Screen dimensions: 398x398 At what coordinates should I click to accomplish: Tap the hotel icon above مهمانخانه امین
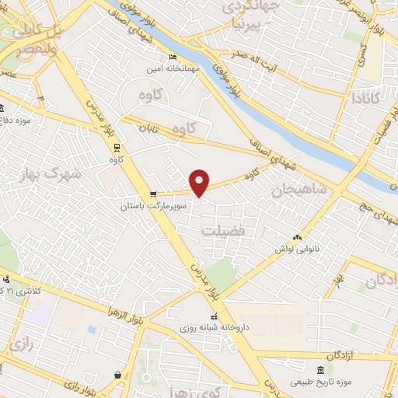click(173, 58)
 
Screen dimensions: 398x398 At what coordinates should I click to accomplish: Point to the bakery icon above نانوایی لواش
click(296, 237)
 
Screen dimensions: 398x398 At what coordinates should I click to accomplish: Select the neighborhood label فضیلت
click(223, 232)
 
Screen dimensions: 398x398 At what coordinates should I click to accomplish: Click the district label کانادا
click(366, 99)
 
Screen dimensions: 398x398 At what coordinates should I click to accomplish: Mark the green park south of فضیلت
click(223, 274)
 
